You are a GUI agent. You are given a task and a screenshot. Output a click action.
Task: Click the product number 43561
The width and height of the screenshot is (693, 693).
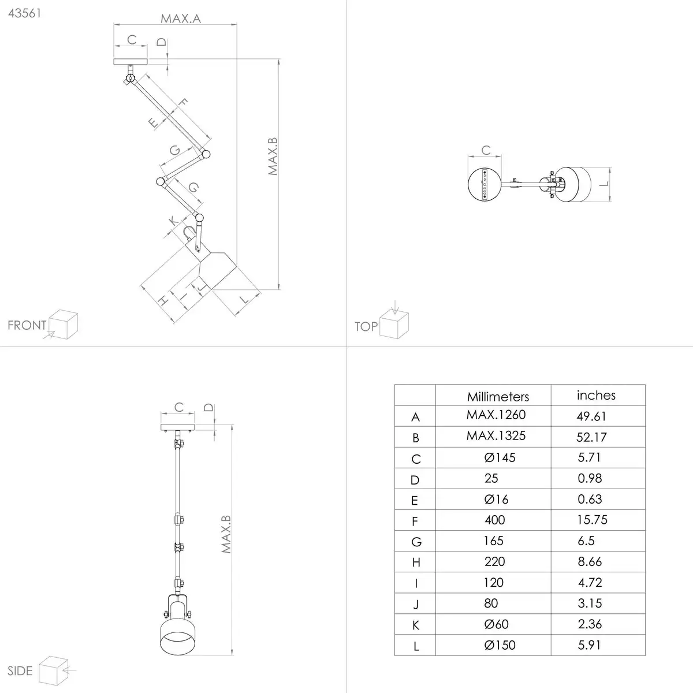pos(24,13)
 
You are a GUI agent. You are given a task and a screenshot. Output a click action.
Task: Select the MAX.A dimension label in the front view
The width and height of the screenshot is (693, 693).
pos(181,18)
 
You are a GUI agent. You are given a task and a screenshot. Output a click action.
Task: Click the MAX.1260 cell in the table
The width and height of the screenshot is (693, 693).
pos(495,415)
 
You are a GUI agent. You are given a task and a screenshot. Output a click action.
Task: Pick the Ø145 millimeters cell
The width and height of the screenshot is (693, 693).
pos(500,457)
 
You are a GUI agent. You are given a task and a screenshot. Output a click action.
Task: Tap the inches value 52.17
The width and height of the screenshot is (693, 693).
pos(591,437)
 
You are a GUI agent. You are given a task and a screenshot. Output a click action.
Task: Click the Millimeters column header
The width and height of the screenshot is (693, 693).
pos(498,396)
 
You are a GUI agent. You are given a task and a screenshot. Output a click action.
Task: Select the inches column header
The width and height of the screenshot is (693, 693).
pos(596,395)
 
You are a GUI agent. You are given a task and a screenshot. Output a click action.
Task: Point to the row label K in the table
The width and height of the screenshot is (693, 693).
pos(416,625)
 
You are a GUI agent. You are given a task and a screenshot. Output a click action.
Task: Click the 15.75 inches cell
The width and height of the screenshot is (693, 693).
pos(592,520)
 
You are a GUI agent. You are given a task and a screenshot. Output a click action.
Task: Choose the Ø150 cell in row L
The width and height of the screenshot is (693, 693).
pos(500,645)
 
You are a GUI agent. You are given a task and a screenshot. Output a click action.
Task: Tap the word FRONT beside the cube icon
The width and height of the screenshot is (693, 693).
pos(27,325)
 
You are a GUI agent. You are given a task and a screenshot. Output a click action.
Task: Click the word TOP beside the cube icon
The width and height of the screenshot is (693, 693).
pos(366,327)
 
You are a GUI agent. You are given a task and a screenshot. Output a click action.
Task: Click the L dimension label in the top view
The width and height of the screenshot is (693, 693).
pos(602,184)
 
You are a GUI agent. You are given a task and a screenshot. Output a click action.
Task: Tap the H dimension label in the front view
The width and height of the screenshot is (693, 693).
pos(163,300)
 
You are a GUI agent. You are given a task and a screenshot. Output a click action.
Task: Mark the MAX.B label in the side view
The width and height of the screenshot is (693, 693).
pos(226,534)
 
